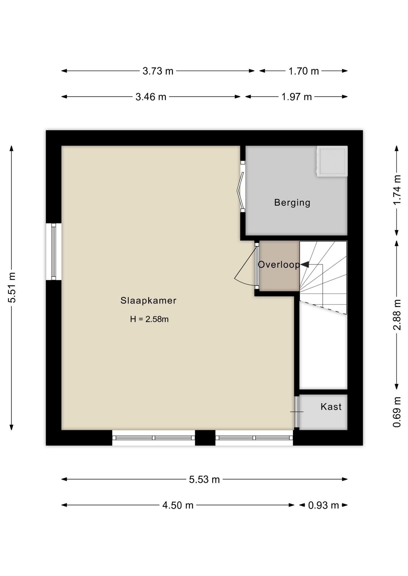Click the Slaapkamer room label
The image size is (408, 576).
coord(148,300)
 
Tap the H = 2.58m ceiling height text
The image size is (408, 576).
coord(149,319)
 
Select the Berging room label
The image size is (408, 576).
coord(292,202)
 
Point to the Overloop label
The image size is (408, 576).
coord(279,264)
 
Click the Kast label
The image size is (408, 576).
coord(331,406)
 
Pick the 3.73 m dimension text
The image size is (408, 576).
coord(158,71)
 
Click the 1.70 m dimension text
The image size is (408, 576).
coord(304,71)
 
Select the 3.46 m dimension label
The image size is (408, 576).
coord(151,97)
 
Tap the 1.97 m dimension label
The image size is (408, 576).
coord(297,97)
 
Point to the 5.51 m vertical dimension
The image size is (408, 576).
coord(12,288)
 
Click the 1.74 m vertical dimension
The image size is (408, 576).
coord(397,190)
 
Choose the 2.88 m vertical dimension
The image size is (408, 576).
coord(397,315)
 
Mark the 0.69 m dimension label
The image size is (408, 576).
coord(397,412)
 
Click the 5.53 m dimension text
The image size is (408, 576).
coord(204,480)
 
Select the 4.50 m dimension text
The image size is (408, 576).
coord(178,505)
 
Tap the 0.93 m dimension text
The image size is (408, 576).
coord(324,505)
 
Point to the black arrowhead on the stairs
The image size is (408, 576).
coord(305,264)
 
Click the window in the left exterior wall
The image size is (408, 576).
coord(53,252)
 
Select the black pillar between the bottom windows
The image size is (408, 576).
coord(205,438)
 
